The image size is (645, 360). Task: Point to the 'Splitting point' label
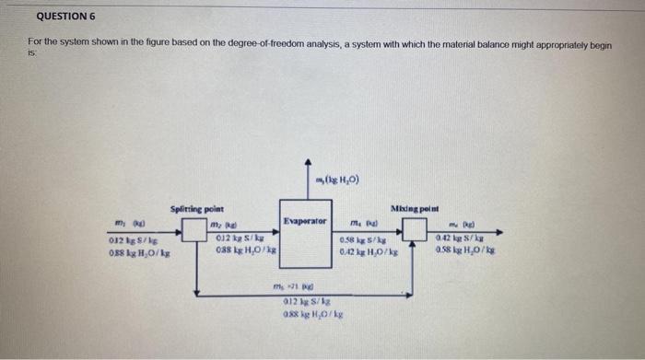(x=195, y=210)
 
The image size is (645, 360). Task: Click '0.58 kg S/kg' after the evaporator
(x=359, y=239)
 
